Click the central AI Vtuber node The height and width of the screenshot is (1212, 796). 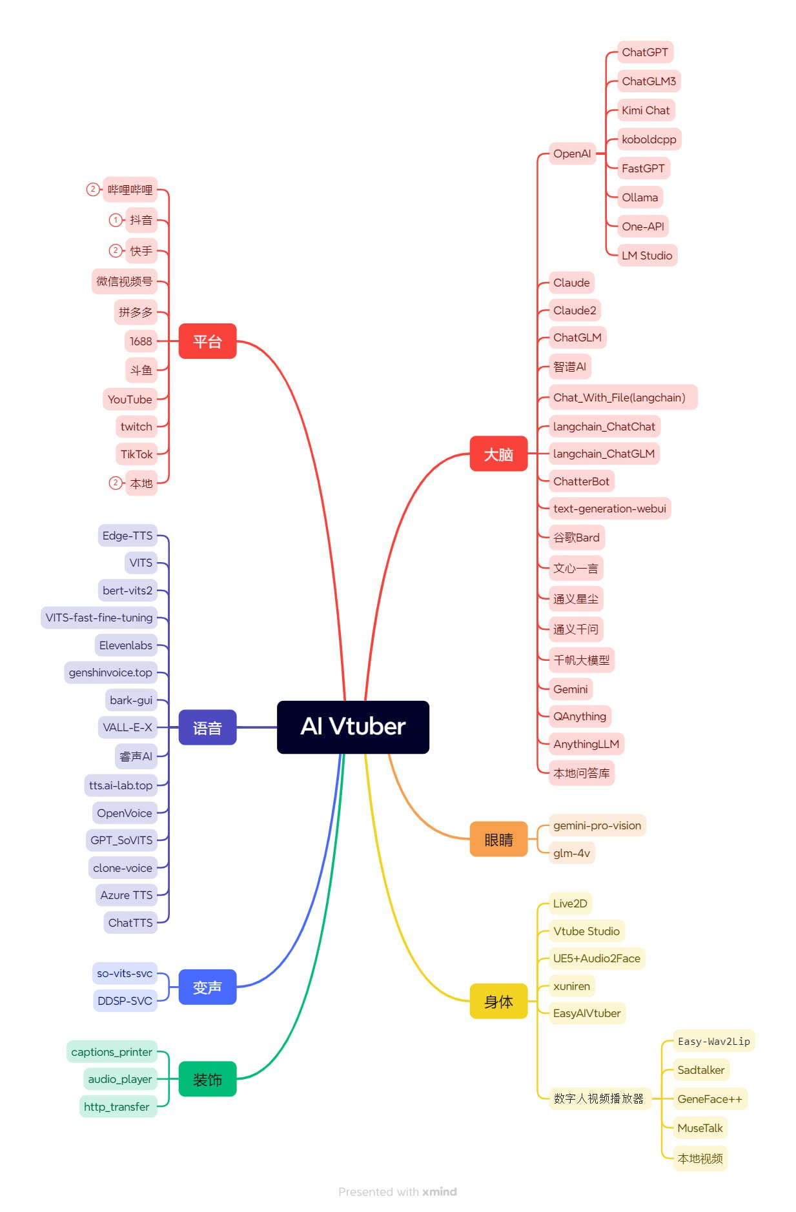click(352, 727)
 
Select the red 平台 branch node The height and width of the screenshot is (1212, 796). click(207, 341)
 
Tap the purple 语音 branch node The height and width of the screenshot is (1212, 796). click(207, 727)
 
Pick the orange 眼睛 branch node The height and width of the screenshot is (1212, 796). click(498, 839)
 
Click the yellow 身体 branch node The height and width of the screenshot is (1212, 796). click(498, 1001)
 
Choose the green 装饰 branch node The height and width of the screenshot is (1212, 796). click(207, 1078)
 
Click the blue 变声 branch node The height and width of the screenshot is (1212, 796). click(207, 987)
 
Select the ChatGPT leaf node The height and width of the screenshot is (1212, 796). click(644, 52)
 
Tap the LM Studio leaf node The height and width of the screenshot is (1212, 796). click(646, 256)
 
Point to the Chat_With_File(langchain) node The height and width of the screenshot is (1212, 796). click(619, 398)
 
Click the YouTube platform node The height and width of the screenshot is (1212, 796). click(130, 399)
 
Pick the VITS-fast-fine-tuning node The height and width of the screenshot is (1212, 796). click(99, 618)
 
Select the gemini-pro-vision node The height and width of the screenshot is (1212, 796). click(597, 825)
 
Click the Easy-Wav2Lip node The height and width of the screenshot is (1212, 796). click(713, 1041)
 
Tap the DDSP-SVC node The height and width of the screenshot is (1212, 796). click(125, 1001)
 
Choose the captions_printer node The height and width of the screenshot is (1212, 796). click(112, 1052)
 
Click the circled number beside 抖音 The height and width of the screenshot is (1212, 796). click(115, 220)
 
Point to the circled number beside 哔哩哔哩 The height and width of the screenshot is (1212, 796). click(93, 189)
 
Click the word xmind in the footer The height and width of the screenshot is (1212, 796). click(439, 1191)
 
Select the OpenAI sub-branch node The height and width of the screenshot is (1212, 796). click(571, 154)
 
